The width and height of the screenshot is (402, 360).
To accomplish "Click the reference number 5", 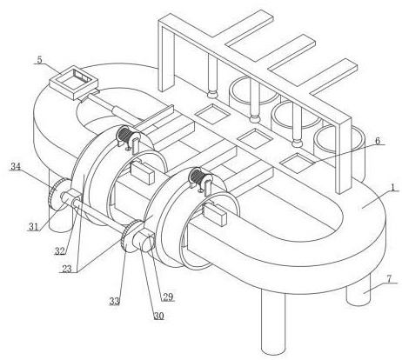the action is pyautogui.click(x=39, y=59).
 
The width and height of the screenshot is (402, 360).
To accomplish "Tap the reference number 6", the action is pyautogui.click(x=378, y=141).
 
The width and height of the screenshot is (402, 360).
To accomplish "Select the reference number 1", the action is pyautogui.click(x=393, y=188).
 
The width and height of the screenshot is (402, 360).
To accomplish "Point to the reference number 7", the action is pyautogui.click(x=389, y=279).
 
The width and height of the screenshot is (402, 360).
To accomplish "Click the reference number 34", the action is pyautogui.click(x=16, y=167).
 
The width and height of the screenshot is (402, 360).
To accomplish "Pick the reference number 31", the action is pyautogui.click(x=34, y=227).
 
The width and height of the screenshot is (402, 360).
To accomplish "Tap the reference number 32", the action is pyautogui.click(x=60, y=251).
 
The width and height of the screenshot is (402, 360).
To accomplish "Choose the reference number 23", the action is pyautogui.click(x=67, y=269).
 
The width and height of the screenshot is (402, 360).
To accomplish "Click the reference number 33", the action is pyautogui.click(x=115, y=302).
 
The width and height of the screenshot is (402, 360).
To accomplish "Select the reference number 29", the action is pyautogui.click(x=168, y=297).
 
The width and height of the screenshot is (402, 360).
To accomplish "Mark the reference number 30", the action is pyautogui.click(x=158, y=316).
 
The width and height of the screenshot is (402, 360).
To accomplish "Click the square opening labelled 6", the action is pyautogui.click(x=298, y=163).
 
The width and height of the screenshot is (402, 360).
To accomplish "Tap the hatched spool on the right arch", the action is pyautogui.click(x=197, y=177).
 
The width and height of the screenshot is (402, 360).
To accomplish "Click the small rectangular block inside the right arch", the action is pyautogui.click(x=215, y=214).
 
